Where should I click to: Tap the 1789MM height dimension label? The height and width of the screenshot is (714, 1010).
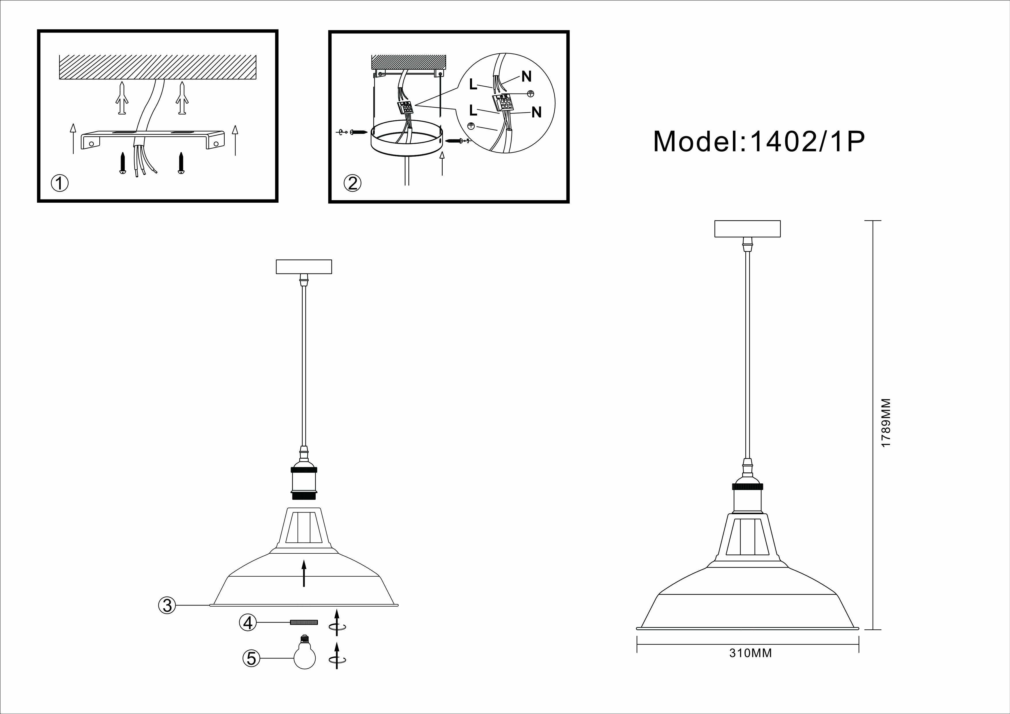pyautogui.click(x=886, y=423)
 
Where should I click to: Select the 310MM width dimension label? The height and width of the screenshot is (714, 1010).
pyautogui.click(x=751, y=665)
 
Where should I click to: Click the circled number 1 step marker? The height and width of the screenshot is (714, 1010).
pyautogui.click(x=60, y=183)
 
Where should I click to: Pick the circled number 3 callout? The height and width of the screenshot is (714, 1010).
pyautogui.click(x=167, y=605)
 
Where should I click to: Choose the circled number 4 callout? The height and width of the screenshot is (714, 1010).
pyautogui.click(x=248, y=622)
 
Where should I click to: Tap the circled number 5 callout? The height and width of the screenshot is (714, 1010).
pyautogui.click(x=251, y=658)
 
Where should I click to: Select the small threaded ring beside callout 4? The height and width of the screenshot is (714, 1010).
pyautogui.click(x=304, y=622)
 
